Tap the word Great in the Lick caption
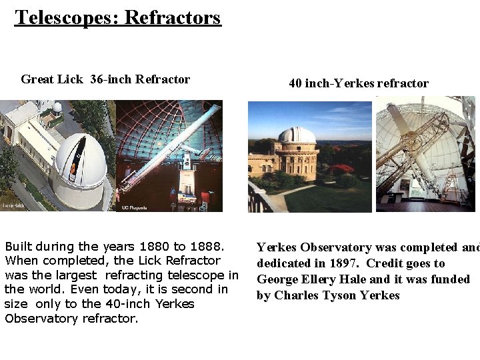coord(37,79)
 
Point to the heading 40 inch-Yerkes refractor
coord(358,83)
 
